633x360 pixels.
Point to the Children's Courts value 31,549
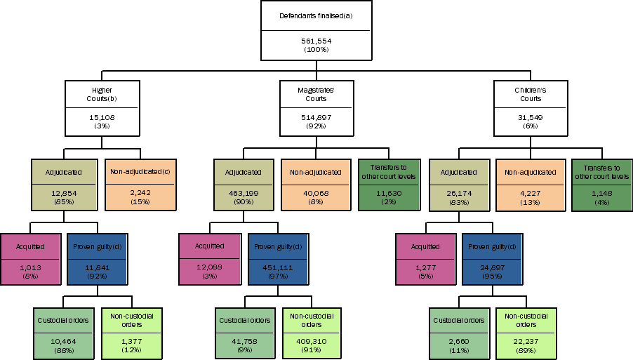tap(530, 117)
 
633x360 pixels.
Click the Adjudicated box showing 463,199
tap(244, 185)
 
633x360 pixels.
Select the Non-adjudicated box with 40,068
tap(316, 185)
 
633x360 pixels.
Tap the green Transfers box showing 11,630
tap(388, 185)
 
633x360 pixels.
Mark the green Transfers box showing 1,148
tap(601, 185)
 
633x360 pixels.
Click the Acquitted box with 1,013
tap(31, 260)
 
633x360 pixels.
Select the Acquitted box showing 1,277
tap(425, 260)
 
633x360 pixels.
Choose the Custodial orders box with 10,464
tap(63, 335)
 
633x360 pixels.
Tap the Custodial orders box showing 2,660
tap(458, 335)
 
